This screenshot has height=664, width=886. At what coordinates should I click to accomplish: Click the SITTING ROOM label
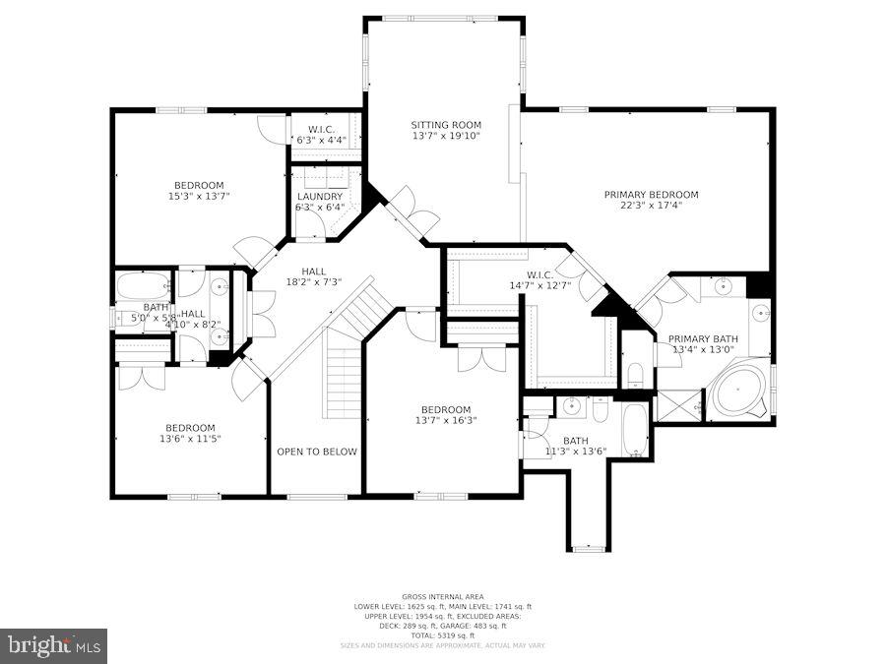click(446, 125)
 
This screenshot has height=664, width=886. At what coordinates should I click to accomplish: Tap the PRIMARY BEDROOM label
click(651, 195)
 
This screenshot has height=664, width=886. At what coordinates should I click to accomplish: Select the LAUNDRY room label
click(320, 197)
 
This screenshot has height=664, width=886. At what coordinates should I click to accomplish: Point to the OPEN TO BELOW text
click(316, 452)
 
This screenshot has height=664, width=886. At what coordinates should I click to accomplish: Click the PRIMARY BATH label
click(703, 338)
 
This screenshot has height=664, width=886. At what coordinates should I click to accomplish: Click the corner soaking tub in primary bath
click(740, 392)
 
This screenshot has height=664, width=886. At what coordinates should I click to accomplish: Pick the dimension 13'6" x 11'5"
click(189, 439)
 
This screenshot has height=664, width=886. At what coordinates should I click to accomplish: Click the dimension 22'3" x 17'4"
click(651, 206)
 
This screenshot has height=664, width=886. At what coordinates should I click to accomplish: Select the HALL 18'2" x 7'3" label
click(313, 276)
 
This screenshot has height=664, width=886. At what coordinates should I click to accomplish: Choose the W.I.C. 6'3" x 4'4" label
click(322, 135)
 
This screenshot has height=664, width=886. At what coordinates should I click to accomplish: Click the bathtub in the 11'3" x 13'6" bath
click(635, 429)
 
